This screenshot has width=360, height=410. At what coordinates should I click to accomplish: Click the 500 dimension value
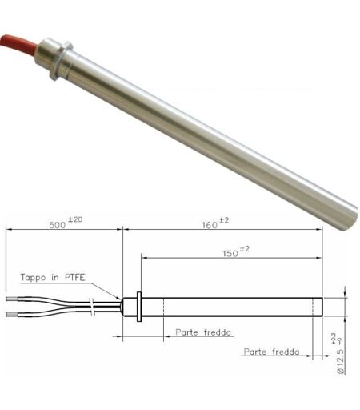[57, 225]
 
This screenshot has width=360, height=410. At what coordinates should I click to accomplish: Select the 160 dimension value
[210, 226]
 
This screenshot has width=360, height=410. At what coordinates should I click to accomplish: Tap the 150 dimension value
[230, 253]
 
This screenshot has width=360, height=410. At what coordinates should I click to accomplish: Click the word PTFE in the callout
[75, 278]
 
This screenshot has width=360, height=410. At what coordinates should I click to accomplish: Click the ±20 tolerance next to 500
[75, 219]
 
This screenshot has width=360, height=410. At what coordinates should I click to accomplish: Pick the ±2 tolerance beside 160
[224, 220]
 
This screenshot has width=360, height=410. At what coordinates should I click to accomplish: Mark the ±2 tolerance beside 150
[245, 249]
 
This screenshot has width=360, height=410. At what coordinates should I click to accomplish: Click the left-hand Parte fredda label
[203, 332]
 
